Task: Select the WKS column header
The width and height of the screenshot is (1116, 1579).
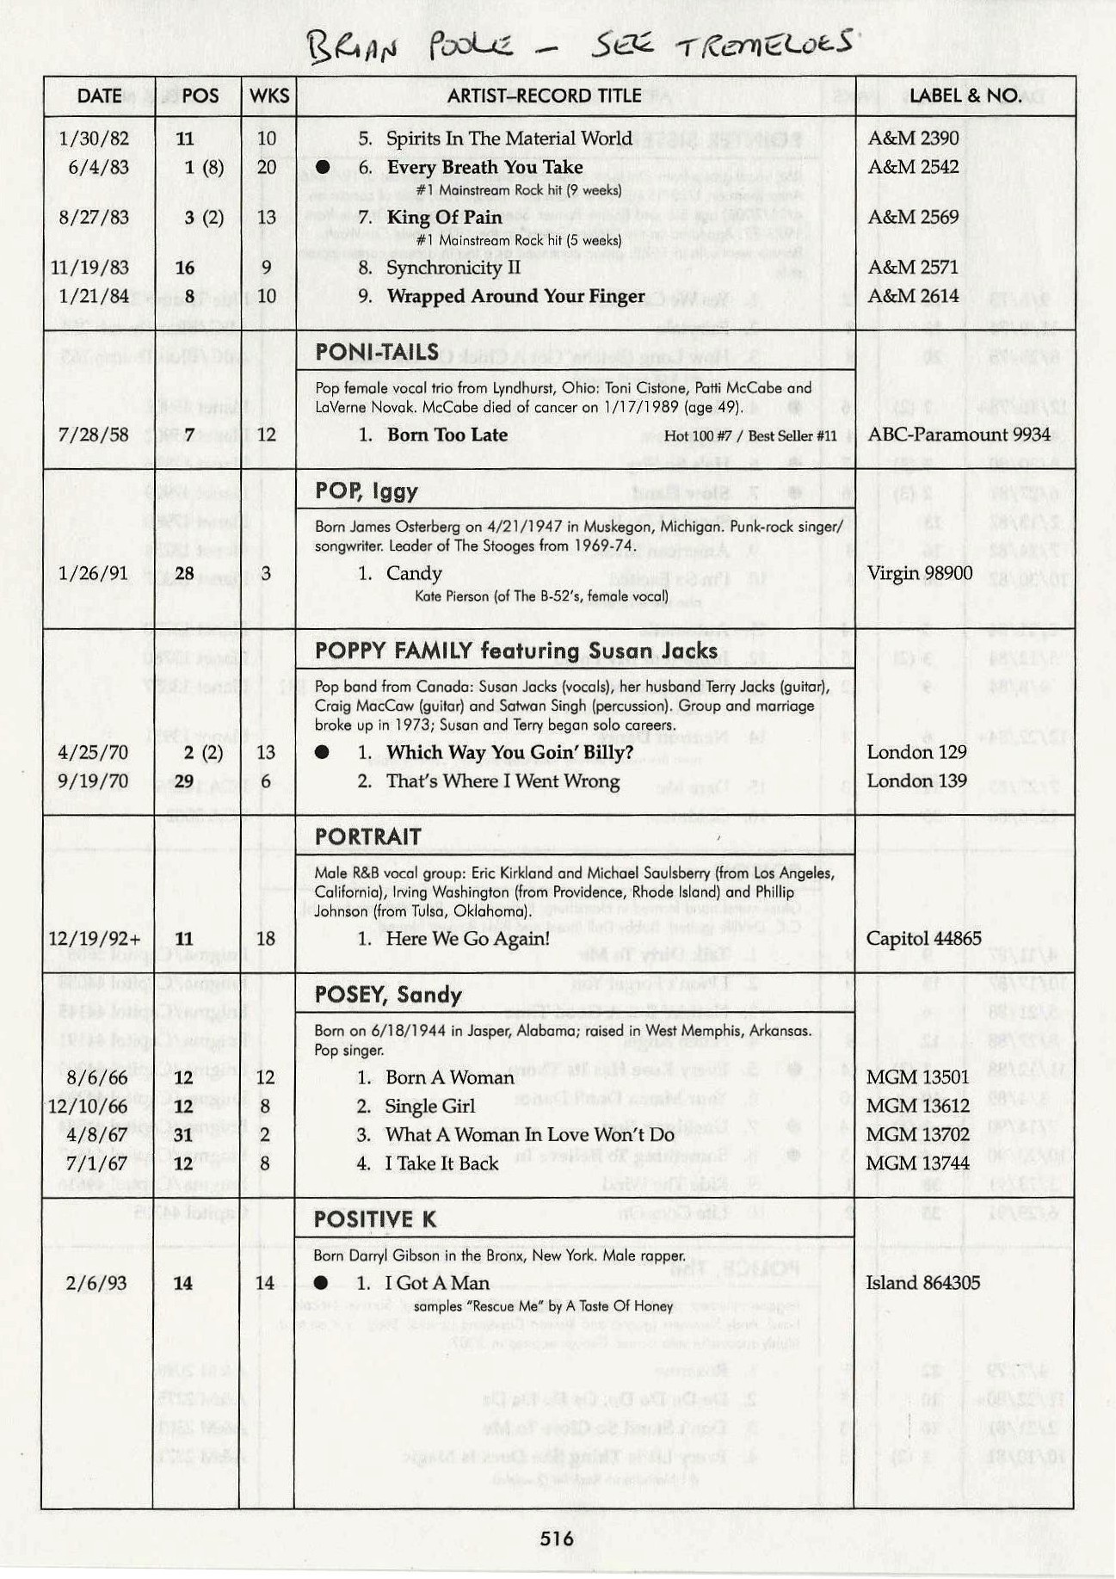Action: click(268, 96)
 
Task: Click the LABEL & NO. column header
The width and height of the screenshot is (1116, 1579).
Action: click(965, 96)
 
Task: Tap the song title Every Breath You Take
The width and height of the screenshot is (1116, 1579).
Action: click(484, 168)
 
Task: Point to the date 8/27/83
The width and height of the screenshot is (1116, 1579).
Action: click(95, 217)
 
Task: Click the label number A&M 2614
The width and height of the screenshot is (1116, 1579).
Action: click(913, 296)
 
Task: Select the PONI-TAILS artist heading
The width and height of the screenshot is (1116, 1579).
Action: click(367, 352)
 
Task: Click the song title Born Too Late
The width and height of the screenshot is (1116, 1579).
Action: click(447, 435)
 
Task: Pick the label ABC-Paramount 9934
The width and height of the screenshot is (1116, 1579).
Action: click(958, 435)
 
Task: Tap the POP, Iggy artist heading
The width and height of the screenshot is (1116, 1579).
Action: click(367, 491)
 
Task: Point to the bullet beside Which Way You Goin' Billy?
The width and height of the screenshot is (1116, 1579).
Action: click(323, 753)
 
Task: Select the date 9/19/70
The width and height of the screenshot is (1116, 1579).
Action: click(93, 781)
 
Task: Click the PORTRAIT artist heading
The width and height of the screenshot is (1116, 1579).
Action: click(368, 837)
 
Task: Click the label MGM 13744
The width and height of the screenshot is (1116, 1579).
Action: click(917, 1163)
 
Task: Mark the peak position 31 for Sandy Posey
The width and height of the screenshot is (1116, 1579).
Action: click(184, 1135)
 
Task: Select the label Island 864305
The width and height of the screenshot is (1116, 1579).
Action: click(923, 1283)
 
